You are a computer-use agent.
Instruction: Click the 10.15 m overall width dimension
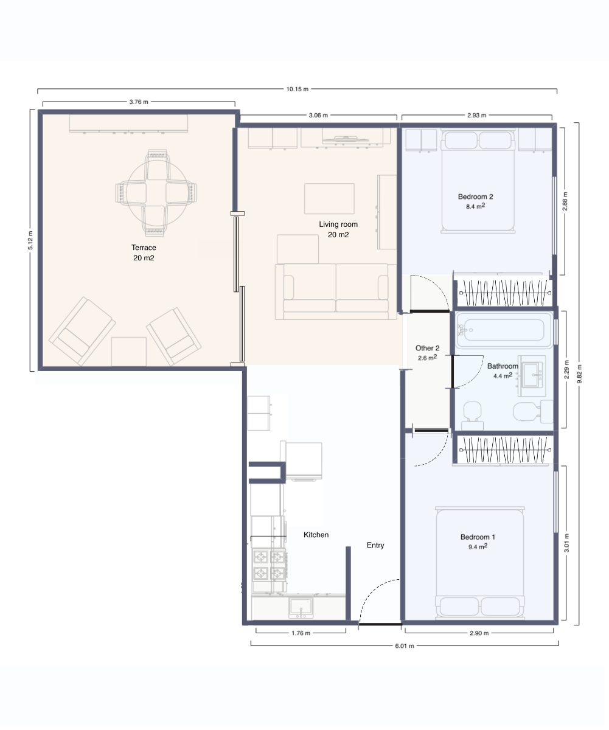[x=297, y=89]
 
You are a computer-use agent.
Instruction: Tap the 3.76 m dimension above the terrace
[x=139, y=102]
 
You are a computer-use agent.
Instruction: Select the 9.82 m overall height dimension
[x=579, y=374]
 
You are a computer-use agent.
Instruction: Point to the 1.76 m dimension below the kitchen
[x=301, y=633]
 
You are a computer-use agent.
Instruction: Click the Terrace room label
[x=144, y=248]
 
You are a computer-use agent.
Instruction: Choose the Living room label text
[x=338, y=224]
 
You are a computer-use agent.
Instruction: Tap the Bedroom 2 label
[x=475, y=197]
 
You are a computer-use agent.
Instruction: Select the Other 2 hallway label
[x=427, y=348]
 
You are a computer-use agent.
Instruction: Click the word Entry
[x=375, y=545]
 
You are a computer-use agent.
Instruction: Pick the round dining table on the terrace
[x=157, y=193]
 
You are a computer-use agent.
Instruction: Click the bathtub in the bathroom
[x=503, y=330]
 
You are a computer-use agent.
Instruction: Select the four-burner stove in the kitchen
[x=269, y=565]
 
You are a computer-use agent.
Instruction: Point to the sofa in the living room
[x=336, y=291]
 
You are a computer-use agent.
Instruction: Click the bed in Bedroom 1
[x=479, y=563]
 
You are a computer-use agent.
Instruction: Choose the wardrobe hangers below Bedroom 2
[x=505, y=293]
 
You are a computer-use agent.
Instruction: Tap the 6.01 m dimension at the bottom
[x=405, y=646]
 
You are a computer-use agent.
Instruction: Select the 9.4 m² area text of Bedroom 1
[x=478, y=546]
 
